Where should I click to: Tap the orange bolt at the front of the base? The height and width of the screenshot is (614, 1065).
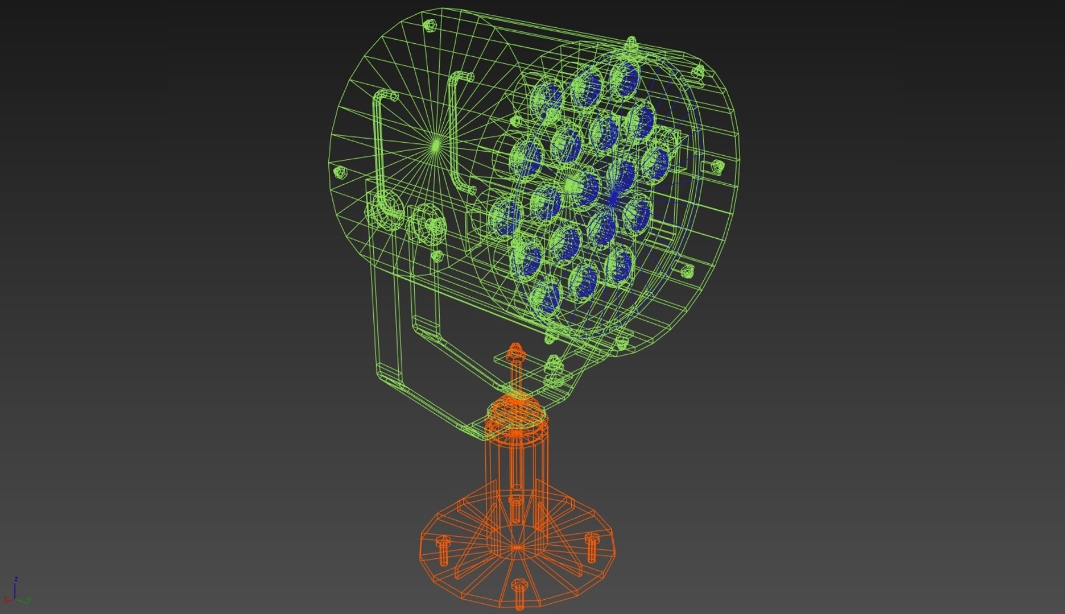click(519, 591)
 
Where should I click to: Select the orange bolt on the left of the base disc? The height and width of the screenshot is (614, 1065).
click(443, 549)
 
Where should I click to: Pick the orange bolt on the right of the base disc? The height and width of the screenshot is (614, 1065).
click(592, 546)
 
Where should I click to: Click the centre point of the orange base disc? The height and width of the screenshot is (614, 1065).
click(517, 548)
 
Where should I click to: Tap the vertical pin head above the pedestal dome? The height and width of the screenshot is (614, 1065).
click(515, 351)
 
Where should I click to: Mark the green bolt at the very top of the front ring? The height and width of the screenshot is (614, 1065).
click(630, 44)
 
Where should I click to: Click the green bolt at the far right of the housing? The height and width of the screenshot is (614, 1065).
click(717, 166)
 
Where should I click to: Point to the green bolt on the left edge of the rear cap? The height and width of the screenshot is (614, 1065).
click(339, 172)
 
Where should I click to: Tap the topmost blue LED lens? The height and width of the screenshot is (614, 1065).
click(625, 78)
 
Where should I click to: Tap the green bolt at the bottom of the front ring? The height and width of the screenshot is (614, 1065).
click(622, 342)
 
